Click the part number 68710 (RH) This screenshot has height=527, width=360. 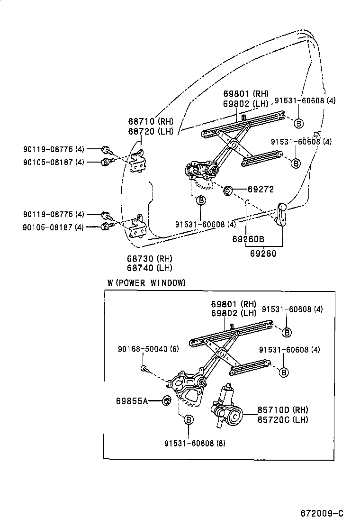coord(150,121)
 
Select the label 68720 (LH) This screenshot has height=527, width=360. coord(150,131)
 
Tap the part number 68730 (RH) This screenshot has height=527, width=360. coord(149,258)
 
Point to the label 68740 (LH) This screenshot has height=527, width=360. coord(149,268)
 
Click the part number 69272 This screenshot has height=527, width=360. coord(261,189)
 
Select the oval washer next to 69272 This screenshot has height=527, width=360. coord(228,191)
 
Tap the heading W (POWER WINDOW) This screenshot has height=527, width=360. coord(146,282)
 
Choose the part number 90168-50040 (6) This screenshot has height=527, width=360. coord(149,349)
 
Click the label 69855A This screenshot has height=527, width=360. coord(132,401)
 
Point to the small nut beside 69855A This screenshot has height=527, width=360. coord(167,401)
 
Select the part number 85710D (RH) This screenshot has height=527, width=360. coord(283,409)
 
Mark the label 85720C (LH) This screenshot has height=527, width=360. coord(283,419)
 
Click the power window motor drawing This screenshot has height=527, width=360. coord(226,406)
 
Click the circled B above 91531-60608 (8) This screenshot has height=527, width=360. coord(188,419)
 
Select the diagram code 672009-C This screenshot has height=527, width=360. coord(322,513)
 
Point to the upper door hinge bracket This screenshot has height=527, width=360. coord(138,162)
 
